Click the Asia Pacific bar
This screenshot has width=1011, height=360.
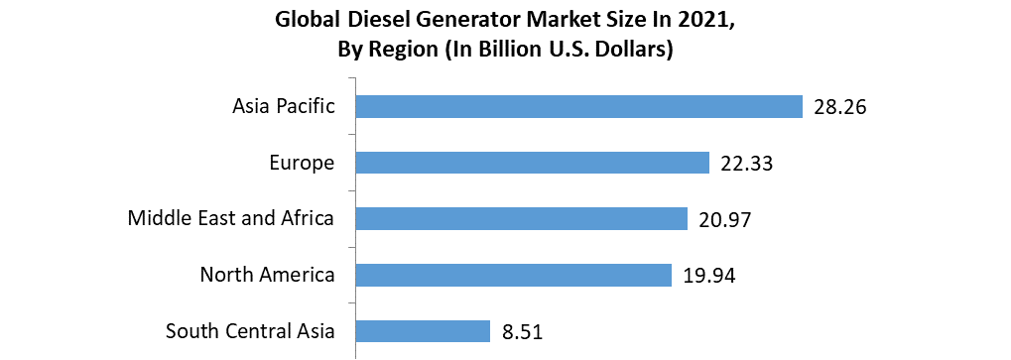[x=578, y=106]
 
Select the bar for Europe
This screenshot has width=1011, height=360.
[x=533, y=163]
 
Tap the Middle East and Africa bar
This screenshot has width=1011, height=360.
[x=522, y=218]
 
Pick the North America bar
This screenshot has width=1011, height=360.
[x=514, y=275]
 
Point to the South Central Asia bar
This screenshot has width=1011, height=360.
[x=424, y=331]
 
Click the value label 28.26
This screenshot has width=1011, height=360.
[x=840, y=107]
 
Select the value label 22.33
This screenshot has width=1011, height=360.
[x=746, y=164]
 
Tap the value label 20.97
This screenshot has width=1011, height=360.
[x=724, y=219]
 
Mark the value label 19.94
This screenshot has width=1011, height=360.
[x=709, y=276]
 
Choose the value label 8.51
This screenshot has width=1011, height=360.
[x=522, y=332]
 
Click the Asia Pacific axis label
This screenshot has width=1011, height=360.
[x=284, y=106]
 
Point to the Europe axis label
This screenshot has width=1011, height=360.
[x=302, y=163]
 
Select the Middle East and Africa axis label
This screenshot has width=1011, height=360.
[x=231, y=218]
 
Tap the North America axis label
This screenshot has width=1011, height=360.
[x=267, y=275]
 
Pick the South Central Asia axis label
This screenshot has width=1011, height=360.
[x=250, y=331]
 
